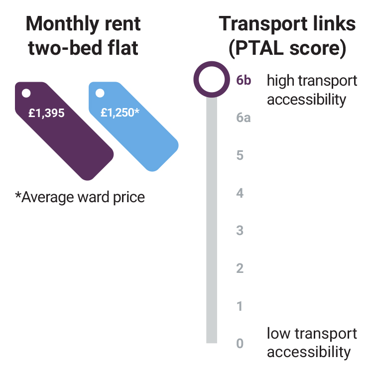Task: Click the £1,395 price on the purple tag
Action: click(x=46, y=113)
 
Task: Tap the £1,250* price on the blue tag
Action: click(x=120, y=113)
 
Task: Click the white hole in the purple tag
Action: click(x=26, y=93)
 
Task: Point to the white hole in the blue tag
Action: click(x=100, y=93)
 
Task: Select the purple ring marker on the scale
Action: click(x=212, y=80)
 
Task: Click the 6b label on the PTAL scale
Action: click(x=244, y=80)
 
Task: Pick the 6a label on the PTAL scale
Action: click(x=244, y=118)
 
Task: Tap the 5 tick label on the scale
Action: click(x=240, y=155)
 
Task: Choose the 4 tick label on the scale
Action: click(x=240, y=193)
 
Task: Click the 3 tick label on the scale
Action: click(x=240, y=231)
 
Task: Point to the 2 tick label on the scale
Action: click(x=240, y=268)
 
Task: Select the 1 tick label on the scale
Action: click(x=240, y=306)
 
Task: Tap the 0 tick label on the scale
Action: click(x=240, y=344)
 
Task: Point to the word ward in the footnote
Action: click(x=95, y=197)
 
